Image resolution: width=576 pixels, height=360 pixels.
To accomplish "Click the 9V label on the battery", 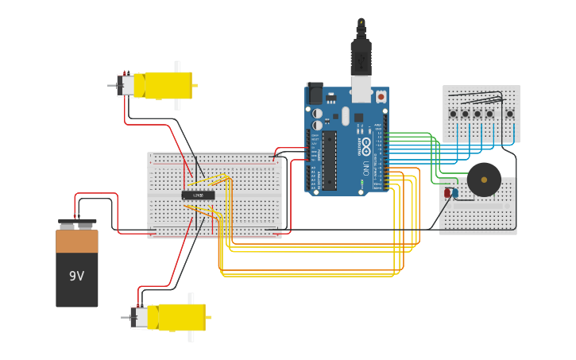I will click(x=76, y=276).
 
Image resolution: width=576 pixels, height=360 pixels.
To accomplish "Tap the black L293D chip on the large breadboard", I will click(x=198, y=195).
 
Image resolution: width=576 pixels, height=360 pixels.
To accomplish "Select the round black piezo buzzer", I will click(x=484, y=180).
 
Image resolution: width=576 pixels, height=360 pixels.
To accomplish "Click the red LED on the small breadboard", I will click(x=447, y=193).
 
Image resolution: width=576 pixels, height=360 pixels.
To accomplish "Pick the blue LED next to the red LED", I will click(x=454, y=194).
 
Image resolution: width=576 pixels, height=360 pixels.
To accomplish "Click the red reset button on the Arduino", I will click(x=381, y=97).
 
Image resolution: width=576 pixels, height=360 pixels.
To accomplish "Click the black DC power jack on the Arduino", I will click(x=315, y=95).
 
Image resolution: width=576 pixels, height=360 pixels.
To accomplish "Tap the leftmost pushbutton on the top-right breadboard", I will click(x=453, y=114).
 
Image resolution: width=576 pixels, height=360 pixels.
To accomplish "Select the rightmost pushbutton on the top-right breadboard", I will click(x=509, y=114).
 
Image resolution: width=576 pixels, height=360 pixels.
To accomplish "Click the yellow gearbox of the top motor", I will click(x=167, y=85).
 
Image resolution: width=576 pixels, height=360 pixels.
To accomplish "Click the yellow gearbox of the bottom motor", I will click(x=180, y=316).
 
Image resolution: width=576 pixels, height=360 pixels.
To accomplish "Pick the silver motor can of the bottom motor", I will click(x=139, y=318).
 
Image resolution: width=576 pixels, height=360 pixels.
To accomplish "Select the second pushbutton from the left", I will click(x=465, y=114).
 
